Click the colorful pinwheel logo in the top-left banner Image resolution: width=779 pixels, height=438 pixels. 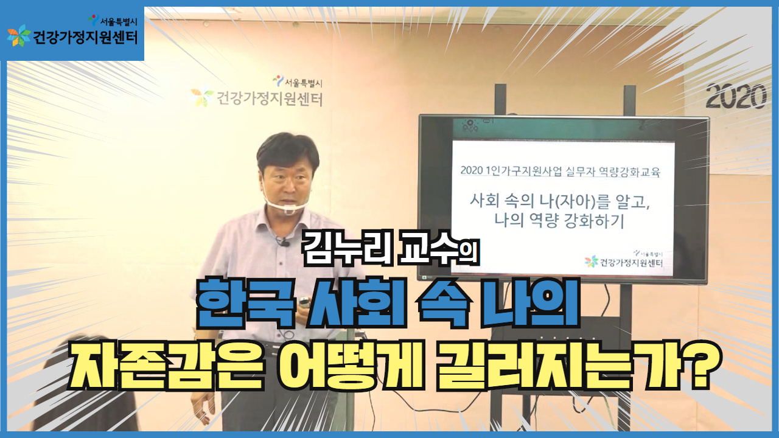[19, 35]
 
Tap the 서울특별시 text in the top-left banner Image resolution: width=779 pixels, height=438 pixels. [119, 22]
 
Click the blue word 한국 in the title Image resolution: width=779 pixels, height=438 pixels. [246, 304]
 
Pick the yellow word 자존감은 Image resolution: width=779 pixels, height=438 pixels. [165, 369]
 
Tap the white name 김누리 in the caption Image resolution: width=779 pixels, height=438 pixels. [347, 249]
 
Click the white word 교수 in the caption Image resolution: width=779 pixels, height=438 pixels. [425, 249]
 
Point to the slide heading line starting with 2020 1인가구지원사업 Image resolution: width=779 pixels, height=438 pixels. [560, 171]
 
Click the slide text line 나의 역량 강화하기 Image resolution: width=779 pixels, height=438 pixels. [560, 220]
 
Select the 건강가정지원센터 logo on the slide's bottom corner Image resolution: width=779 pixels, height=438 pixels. [624, 260]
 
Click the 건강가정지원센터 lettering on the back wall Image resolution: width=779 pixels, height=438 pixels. [270, 99]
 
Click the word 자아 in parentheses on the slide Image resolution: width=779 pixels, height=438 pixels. [574, 201]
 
